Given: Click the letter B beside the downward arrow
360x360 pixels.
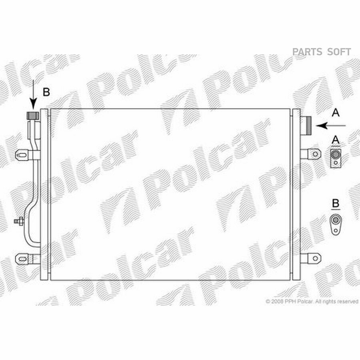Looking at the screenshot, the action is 46,92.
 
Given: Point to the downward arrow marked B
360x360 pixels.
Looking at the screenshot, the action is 33,94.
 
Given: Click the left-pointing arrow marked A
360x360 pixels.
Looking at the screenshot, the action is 331,126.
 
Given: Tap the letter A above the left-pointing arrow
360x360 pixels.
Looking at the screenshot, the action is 336,112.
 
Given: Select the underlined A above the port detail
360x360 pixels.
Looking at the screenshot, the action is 336,140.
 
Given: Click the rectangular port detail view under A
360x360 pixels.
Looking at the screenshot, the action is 336,158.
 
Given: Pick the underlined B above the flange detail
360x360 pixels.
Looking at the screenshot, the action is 336,204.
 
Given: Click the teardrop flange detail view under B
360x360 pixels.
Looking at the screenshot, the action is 336,225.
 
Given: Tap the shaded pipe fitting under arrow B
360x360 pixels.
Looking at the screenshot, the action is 33,116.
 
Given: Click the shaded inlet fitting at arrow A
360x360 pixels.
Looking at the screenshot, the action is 306,126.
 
